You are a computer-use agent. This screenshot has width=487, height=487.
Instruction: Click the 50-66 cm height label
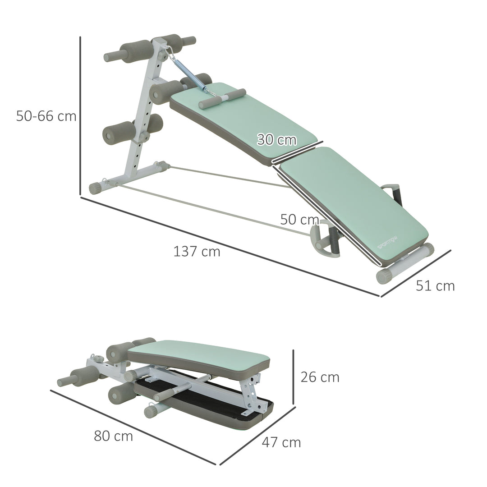pyautogui.click(x=46, y=116)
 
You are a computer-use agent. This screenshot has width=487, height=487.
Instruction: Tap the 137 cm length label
pyautogui.click(x=197, y=251)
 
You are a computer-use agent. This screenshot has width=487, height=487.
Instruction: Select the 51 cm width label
pyautogui.click(x=435, y=285)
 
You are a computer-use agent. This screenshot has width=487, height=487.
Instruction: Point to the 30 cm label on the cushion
pyautogui.click(x=277, y=140)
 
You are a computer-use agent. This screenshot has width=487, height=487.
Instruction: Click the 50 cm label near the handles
pyautogui.click(x=299, y=220)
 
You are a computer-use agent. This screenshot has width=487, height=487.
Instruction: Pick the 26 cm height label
pyautogui.click(x=320, y=377)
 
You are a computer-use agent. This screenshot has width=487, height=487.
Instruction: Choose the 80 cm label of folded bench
pyautogui.click(x=114, y=436)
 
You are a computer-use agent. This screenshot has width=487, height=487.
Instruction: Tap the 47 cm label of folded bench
pyautogui.click(x=281, y=442)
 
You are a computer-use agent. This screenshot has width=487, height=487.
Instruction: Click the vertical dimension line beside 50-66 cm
pyautogui.click(x=80, y=116)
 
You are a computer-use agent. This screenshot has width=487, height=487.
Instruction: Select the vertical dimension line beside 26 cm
pyautogui.click(x=293, y=377)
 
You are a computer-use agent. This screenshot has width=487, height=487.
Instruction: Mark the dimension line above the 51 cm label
pyautogui.click(x=416, y=274)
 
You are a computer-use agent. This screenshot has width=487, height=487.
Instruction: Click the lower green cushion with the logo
pyautogui.click(x=356, y=198)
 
